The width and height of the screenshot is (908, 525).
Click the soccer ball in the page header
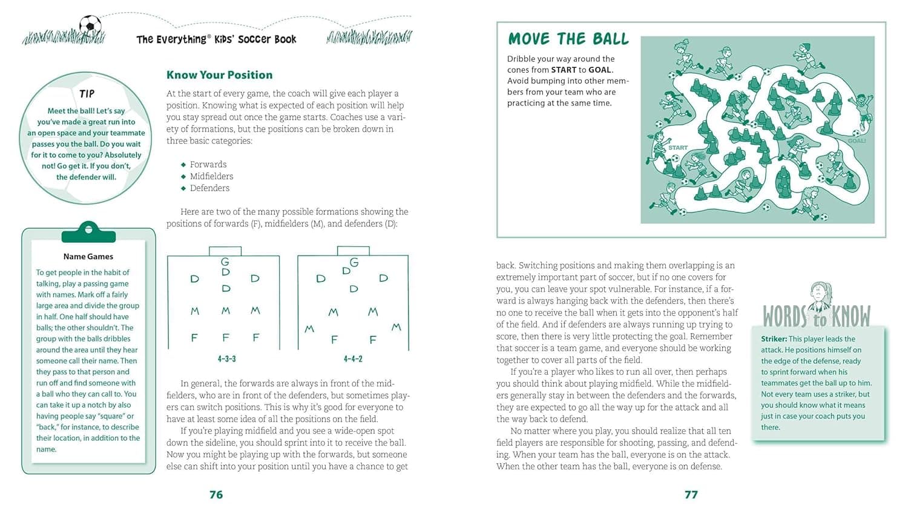point(90,25)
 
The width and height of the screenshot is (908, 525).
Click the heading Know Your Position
point(219,75)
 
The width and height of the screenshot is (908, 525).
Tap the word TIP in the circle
point(87,94)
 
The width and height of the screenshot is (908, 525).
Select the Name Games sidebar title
point(88,256)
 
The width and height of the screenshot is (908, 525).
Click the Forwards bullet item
point(208,165)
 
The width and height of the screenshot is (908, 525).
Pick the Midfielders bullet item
point(211,176)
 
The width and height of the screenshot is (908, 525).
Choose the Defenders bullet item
point(209,188)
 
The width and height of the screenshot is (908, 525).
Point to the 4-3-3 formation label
point(226,359)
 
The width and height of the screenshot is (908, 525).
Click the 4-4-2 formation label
point(353,359)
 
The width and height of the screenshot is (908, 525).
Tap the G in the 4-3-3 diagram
point(225,262)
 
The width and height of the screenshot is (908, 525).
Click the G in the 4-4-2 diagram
point(354,262)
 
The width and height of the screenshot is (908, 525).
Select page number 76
point(216,495)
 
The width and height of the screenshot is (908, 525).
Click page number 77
point(691,495)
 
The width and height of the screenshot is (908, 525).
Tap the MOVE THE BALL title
point(568,39)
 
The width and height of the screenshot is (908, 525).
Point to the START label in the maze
point(678,148)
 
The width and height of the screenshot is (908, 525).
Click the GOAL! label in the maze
point(857,141)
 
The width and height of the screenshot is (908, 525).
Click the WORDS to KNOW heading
point(817,316)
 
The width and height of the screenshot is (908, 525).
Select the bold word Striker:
point(774,339)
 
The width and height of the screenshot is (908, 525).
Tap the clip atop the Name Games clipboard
point(88,231)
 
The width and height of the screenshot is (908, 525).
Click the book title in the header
point(216,39)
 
